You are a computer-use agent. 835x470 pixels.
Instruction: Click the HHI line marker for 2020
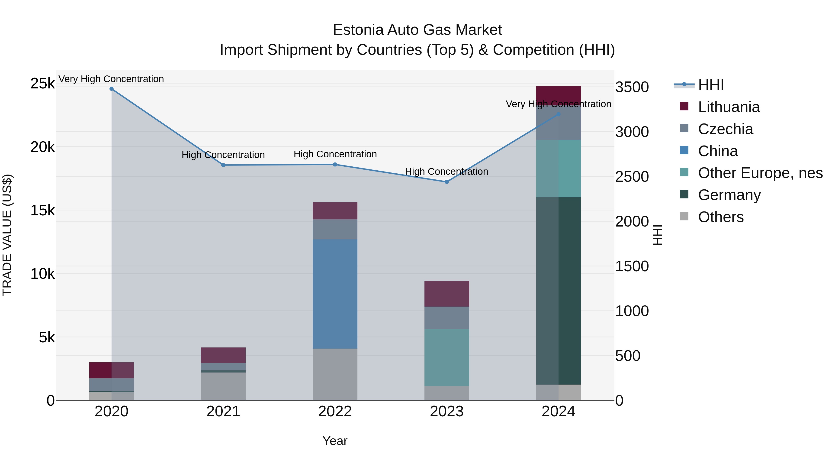tap(112, 89)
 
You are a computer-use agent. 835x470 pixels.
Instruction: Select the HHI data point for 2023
tap(447, 182)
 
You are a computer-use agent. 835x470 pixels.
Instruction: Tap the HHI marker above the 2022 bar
tap(335, 165)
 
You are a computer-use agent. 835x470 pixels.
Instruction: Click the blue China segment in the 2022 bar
tap(335, 294)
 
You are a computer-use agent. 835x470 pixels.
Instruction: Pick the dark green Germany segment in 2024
tap(558, 291)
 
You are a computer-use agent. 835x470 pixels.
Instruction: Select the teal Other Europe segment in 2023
tap(447, 357)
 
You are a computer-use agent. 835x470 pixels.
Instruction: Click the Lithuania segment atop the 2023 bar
tap(447, 294)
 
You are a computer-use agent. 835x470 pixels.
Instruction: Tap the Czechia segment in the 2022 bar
tap(335, 229)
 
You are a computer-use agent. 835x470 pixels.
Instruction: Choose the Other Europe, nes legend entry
tap(760, 173)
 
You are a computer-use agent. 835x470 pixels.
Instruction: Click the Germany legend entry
tap(729, 195)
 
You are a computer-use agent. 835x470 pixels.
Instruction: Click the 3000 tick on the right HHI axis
tap(632, 132)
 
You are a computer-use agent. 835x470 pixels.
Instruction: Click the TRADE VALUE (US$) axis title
tap(7, 235)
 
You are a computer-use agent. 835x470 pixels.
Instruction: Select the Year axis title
tap(335, 441)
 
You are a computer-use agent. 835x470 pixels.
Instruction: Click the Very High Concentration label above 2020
tap(111, 79)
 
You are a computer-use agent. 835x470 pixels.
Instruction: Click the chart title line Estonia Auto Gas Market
tap(417, 30)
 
